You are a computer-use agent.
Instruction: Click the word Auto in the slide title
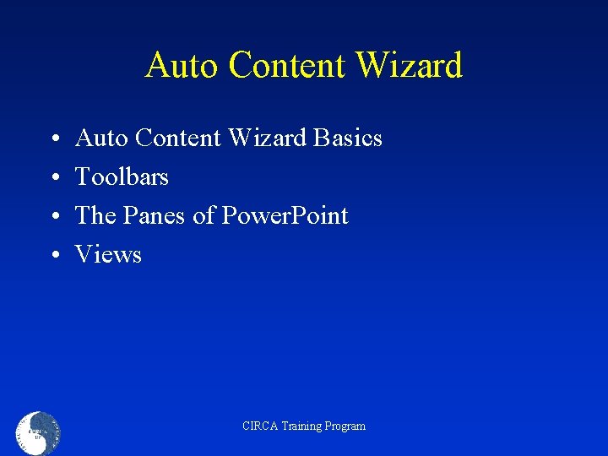179,65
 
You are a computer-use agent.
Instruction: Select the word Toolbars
122,176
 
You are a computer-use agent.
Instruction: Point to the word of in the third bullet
204,215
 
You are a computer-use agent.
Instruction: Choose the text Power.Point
285,216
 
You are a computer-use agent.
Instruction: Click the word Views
108,254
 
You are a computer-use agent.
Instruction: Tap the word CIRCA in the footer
259,426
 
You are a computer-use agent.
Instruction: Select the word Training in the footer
301,426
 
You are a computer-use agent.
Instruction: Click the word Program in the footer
346,426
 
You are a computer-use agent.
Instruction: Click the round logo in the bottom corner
38,433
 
